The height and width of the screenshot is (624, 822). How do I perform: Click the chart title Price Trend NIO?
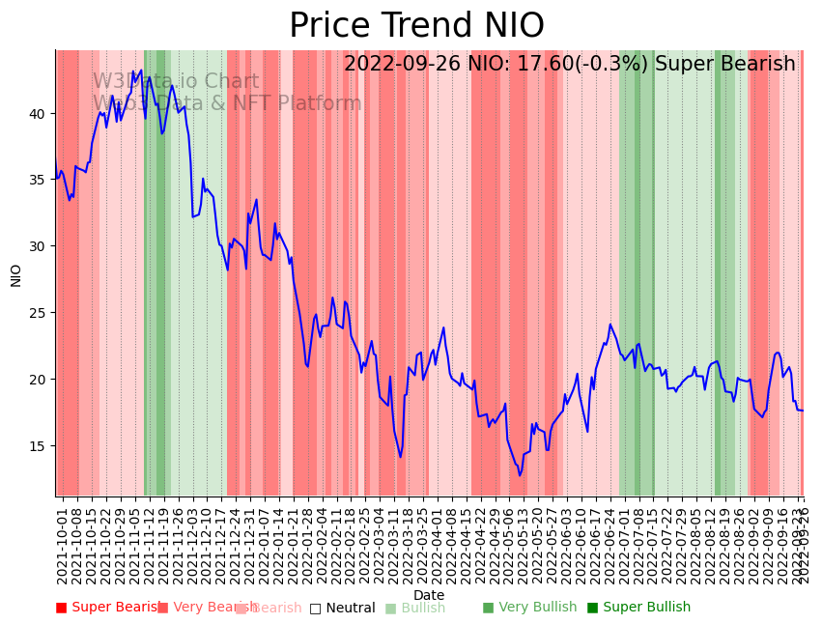(416, 26)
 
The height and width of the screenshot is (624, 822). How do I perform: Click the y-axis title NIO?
(16, 274)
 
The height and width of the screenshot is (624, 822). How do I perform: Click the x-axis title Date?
(429, 596)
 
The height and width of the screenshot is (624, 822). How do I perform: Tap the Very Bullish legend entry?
(530, 608)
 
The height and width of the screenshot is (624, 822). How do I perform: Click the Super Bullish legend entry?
(639, 608)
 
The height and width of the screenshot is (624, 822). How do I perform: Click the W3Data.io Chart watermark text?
(176, 81)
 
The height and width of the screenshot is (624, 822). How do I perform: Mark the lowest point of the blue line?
(520, 475)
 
